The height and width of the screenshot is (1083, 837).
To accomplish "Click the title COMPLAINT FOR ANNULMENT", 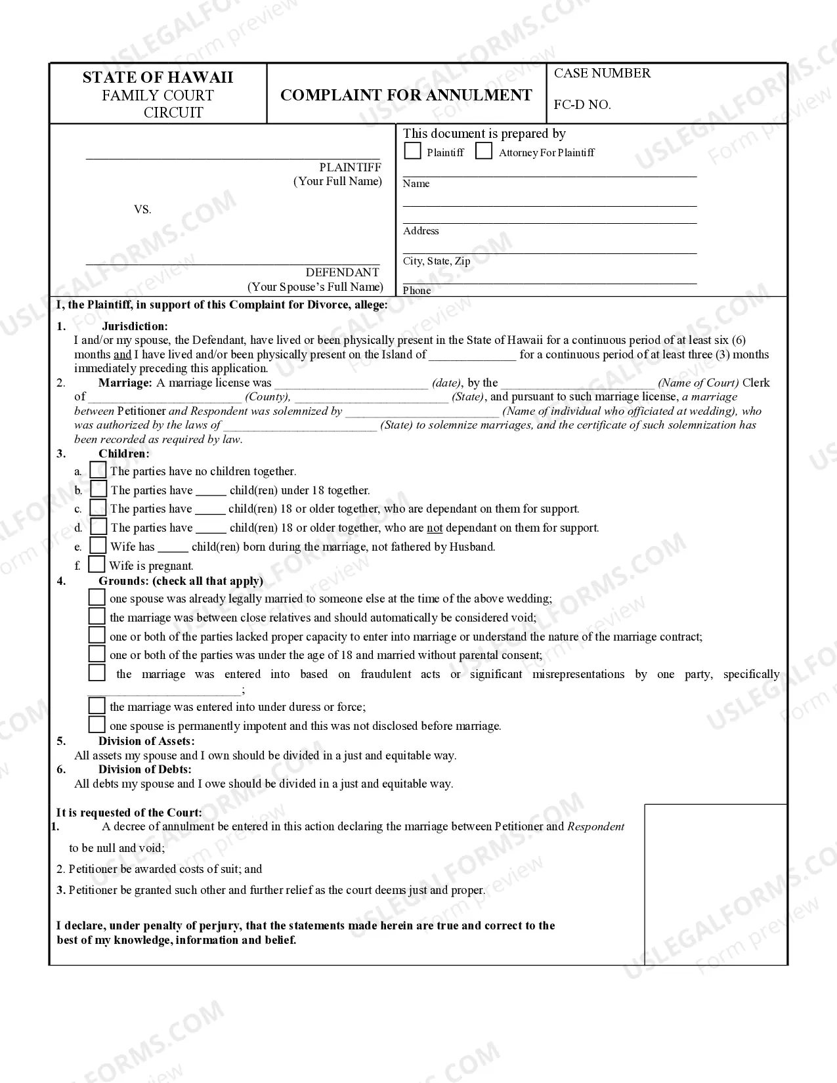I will [406, 95].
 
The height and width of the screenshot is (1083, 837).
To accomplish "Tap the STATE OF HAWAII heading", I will [158, 77].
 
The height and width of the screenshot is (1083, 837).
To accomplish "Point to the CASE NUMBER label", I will [602, 73].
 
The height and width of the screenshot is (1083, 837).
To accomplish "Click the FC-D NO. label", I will [582, 104].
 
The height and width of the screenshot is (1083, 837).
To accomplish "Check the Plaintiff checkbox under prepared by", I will [412, 151].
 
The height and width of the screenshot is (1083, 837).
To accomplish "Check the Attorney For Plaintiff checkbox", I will [484, 151].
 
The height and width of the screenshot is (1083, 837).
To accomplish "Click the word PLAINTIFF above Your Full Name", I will [350, 167].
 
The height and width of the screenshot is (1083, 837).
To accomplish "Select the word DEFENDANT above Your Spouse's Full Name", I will [342, 272].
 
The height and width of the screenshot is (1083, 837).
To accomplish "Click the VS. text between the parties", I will [142, 209].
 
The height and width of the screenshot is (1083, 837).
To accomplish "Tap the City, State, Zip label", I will [437, 261].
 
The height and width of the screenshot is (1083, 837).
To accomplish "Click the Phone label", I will [417, 290].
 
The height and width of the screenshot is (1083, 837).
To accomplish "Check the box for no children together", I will [98, 470].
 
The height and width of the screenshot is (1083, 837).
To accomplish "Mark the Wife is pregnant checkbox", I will [97, 564].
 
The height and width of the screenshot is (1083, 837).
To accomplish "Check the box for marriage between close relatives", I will [97, 616].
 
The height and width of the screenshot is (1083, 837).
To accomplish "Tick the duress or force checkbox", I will [97, 706].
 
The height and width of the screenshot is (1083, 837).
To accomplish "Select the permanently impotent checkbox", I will [97, 725].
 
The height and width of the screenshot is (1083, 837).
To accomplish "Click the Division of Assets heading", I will [146, 741].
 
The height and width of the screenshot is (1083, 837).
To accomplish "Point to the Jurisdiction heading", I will [135, 326].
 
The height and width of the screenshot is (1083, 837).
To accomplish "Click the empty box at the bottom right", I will [716, 883].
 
